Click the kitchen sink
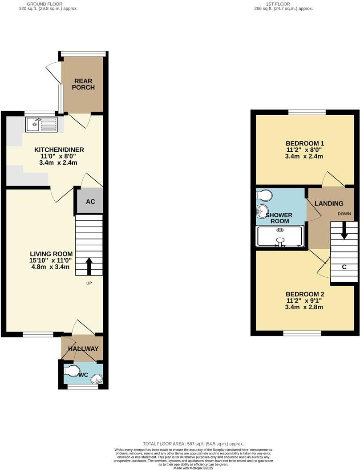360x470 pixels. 41,124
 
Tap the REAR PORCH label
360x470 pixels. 84,84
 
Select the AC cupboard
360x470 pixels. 90,202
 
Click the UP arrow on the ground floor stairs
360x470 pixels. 89,266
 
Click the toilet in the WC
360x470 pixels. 71,371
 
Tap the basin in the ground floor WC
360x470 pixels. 96,379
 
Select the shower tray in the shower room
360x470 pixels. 280,236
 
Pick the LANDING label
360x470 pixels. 329,203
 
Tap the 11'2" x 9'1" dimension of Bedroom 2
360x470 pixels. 305,301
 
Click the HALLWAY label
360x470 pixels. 83,349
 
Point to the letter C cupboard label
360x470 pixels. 344,267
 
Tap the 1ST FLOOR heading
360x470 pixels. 278,4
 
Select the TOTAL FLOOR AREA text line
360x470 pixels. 193,444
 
